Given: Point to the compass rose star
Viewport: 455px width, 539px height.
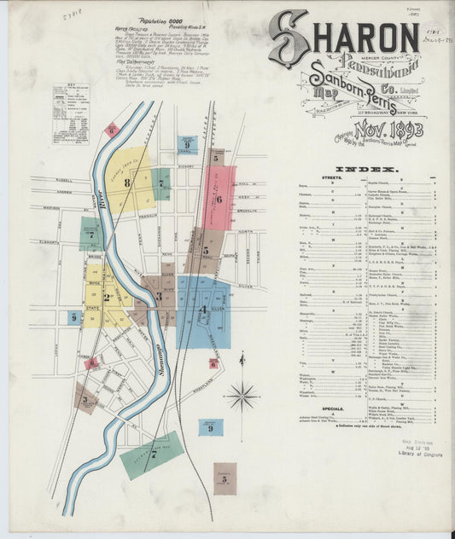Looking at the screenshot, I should click(244, 396).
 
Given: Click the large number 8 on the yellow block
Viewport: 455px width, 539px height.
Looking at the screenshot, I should click(126, 182).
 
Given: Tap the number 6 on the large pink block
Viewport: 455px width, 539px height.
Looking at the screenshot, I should click(219, 199).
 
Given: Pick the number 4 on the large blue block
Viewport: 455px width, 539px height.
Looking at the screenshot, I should click(202, 310).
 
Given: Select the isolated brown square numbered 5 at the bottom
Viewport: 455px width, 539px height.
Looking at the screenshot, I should click(225, 478).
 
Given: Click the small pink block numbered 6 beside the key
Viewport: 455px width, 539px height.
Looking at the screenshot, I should click(111, 130).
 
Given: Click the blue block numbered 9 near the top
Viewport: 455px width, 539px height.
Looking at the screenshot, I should click(188, 144).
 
